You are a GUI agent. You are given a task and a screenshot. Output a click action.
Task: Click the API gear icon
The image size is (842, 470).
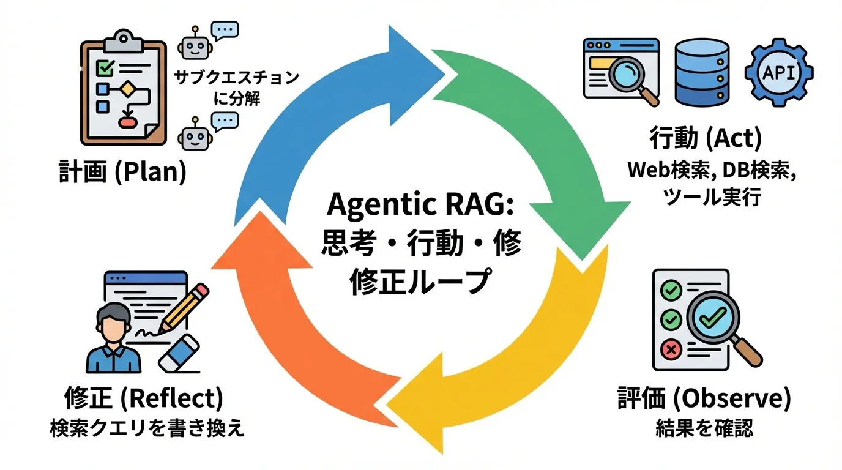pyautogui.click(x=779, y=73)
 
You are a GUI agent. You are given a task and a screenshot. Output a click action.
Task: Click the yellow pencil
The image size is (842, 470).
pyautogui.click(x=184, y=309)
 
